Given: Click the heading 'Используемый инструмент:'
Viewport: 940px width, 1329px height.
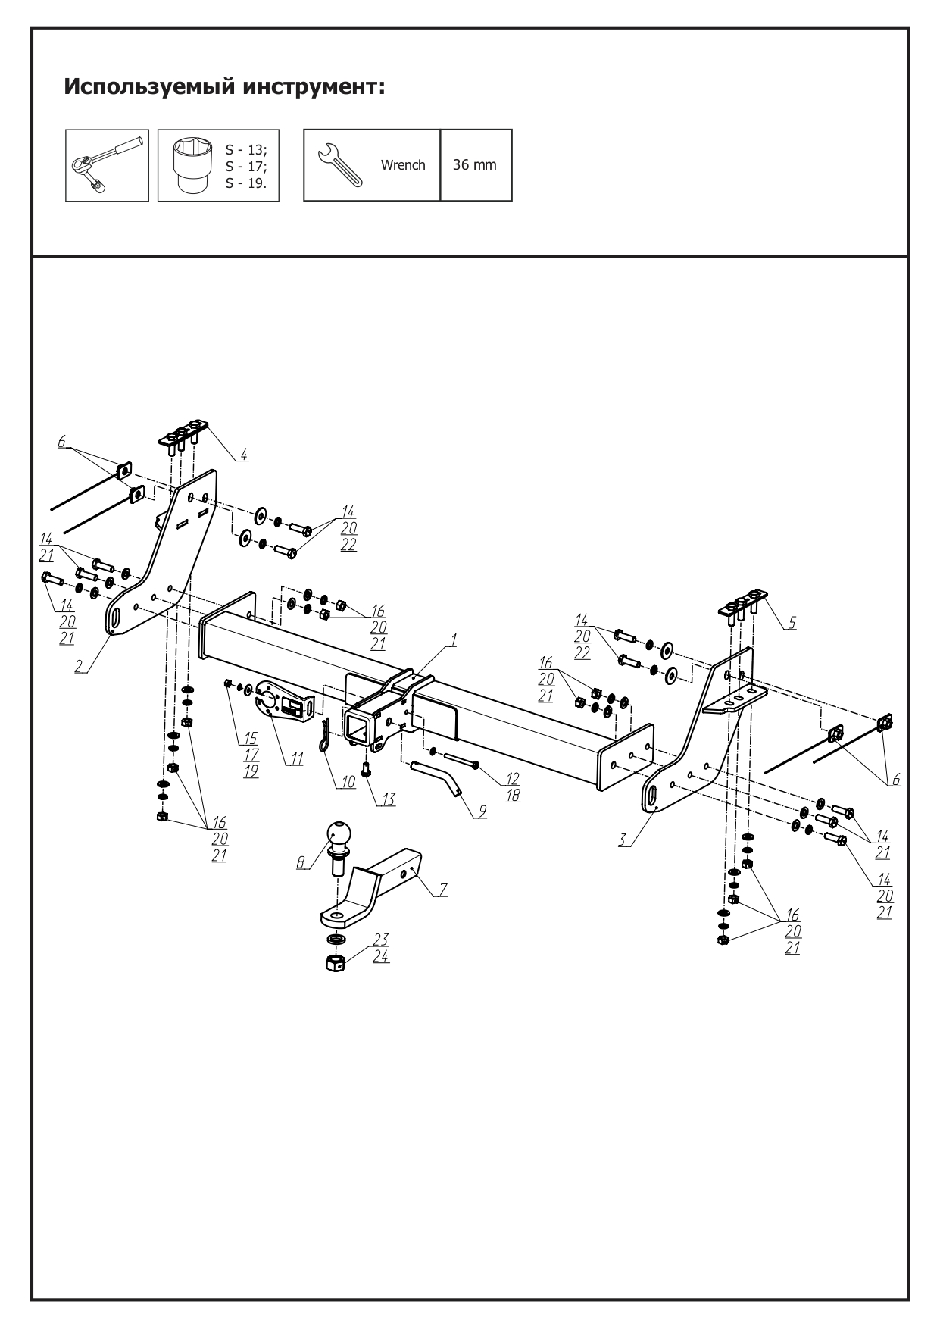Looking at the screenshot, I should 225,86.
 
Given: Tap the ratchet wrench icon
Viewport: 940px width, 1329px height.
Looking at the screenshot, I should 107,165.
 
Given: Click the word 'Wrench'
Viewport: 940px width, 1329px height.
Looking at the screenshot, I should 403,165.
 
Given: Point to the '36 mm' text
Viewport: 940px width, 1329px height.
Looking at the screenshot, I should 475,165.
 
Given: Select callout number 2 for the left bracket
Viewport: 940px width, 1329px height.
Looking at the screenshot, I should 79,666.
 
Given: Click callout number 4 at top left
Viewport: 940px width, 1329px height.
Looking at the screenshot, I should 244,455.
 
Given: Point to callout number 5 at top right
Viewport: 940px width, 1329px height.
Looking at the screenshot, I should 792,622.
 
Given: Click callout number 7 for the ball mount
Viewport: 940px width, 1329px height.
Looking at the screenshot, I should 442,890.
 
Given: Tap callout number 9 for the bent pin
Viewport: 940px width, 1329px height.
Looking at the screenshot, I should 482,811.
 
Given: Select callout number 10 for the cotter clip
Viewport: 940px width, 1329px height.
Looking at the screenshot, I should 347,782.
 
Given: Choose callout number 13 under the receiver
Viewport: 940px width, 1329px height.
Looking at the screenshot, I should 388,799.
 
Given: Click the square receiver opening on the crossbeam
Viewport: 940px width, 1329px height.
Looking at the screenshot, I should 358,725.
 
